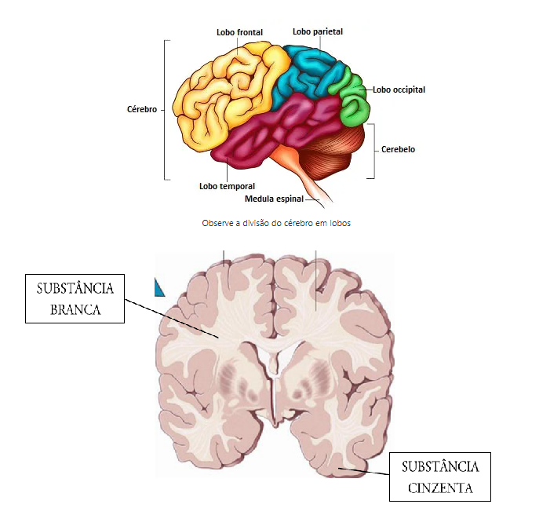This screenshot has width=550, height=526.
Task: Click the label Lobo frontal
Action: click(x=239, y=32)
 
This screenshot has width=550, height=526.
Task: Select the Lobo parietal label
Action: click(x=318, y=31)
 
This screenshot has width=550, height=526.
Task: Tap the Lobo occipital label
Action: click(x=399, y=89)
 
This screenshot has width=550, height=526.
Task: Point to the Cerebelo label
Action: click(x=398, y=149)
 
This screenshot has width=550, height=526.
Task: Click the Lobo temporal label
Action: click(x=227, y=186)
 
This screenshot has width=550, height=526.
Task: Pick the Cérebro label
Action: click(x=142, y=110)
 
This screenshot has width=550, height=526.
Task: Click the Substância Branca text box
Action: click(x=75, y=298)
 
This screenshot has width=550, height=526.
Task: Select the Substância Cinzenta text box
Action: click(x=439, y=477)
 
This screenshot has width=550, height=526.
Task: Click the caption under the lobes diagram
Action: click(x=275, y=223)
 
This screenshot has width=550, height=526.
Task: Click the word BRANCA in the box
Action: click(x=75, y=309)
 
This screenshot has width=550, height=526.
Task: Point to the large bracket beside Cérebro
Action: click(x=165, y=110)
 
